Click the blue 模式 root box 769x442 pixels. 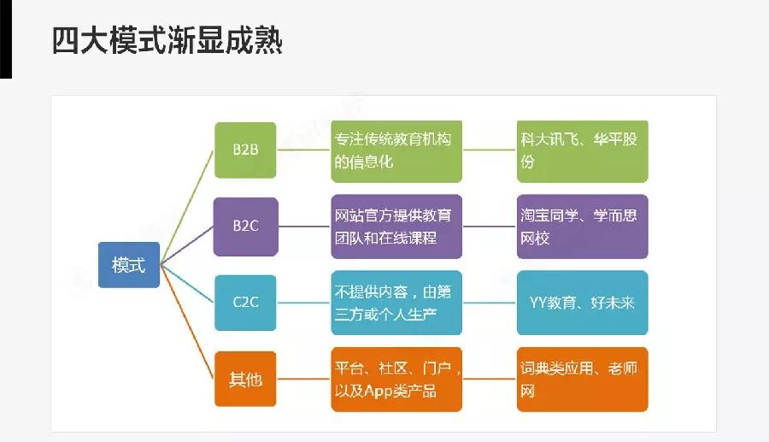[128, 265]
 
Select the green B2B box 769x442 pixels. [245, 150]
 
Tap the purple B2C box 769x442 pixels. [245, 227]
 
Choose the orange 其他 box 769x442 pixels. [245, 378]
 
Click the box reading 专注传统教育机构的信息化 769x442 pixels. [396, 150]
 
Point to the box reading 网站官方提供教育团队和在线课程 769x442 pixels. [396, 227]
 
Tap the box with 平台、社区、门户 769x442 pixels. [396, 378]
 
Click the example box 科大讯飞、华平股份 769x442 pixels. [582, 150]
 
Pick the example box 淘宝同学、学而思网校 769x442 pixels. [582, 227]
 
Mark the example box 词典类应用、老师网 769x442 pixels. [582, 378]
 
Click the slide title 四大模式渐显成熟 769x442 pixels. [167, 40]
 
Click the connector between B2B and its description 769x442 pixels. [303, 150]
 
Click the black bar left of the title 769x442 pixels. [5, 38]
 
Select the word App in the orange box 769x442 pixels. [379, 391]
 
